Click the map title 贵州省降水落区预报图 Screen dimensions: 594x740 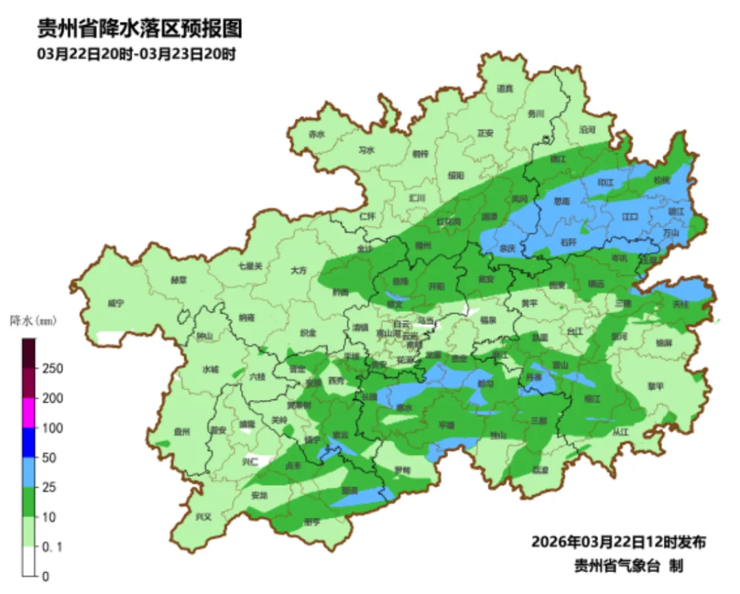pyautogui.click(x=139, y=29)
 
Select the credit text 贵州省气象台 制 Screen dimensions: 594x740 pyautogui.click(x=628, y=566)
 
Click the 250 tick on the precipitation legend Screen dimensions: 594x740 pyautogui.click(x=53, y=369)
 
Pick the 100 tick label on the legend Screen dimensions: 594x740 pyautogui.click(x=53, y=428)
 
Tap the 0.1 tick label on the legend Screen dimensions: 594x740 pyautogui.click(x=53, y=547)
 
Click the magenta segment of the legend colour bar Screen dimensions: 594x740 pyautogui.click(x=29, y=413)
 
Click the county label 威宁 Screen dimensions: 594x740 pyautogui.click(x=116, y=302)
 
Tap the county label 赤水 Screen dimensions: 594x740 pyautogui.click(x=316, y=134)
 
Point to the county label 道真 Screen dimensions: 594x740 pyautogui.click(x=504, y=88)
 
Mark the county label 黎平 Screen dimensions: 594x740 pyautogui.click(x=656, y=386)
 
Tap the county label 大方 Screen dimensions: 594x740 pyautogui.click(x=299, y=271)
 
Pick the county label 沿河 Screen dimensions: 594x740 pyautogui.click(x=587, y=129)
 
